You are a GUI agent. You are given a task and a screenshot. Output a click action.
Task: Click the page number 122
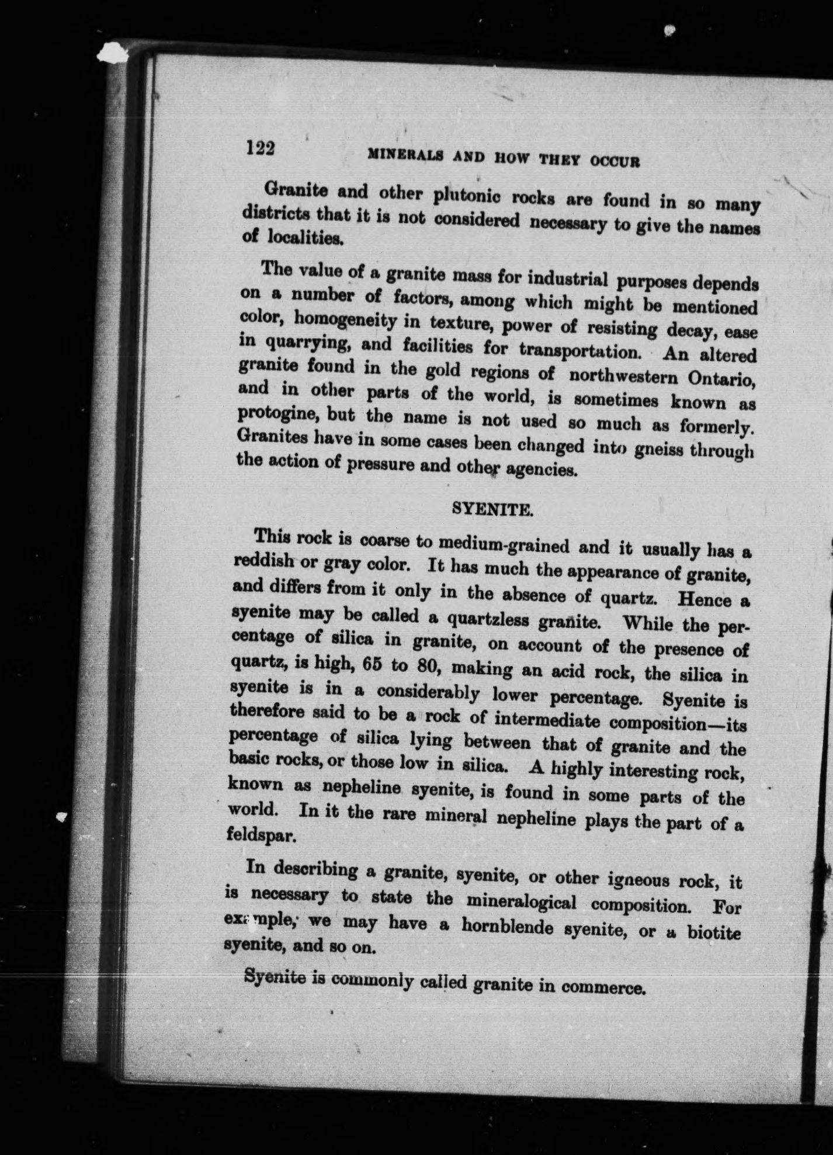point(260,148)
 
